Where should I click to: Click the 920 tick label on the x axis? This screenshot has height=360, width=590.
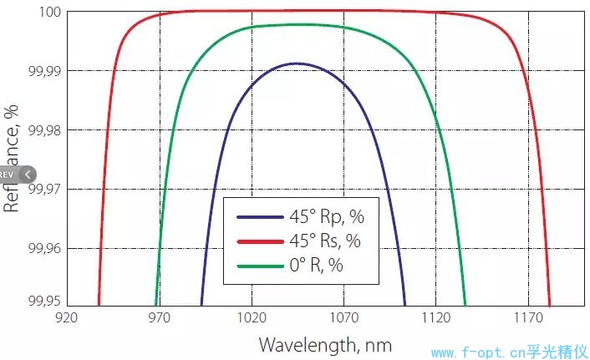[x=66, y=318]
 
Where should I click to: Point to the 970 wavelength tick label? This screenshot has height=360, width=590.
[x=159, y=318]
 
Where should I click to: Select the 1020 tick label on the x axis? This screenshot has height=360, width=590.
[x=252, y=318]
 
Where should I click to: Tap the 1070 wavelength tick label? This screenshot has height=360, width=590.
[x=343, y=318]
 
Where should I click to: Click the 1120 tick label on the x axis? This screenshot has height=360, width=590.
[x=436, y=318]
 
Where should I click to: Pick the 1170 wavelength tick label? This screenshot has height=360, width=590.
[x=528, y=318]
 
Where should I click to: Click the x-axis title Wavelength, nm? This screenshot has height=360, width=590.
[x=324, y=344]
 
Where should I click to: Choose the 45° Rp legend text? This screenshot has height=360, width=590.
[x=327, y=218]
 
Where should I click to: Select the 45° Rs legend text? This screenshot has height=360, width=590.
[x=327, y=242]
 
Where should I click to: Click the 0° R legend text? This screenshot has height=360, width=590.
[x=317, y=266]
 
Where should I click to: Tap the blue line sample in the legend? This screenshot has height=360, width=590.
[x=260, y=218]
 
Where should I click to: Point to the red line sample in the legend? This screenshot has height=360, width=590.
[x=260, y=242]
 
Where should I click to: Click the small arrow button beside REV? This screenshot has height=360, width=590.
[x=28, y=175]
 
